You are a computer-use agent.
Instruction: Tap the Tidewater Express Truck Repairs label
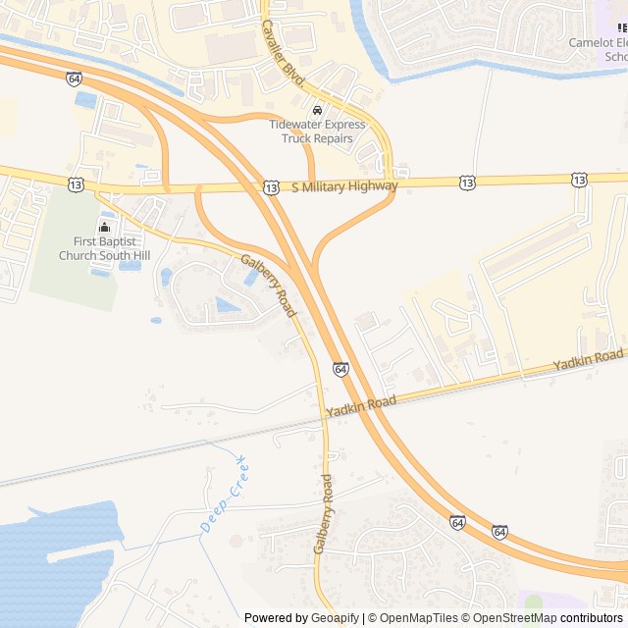(x=317, y=131)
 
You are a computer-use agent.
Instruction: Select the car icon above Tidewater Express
(x=317, y=109)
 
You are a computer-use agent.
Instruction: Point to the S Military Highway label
(x=344, y=185)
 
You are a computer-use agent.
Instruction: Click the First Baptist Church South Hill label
(x=106, y=248)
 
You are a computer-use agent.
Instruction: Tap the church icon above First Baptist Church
(x=106, y=228)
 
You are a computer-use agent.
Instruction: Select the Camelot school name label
(x=599, y=49)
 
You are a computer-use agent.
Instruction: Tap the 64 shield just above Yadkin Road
(x=340, y=369)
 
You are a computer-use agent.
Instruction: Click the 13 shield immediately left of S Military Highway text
(x=271, y=186)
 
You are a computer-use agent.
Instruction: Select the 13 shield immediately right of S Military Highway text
(x=468, y=183)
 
